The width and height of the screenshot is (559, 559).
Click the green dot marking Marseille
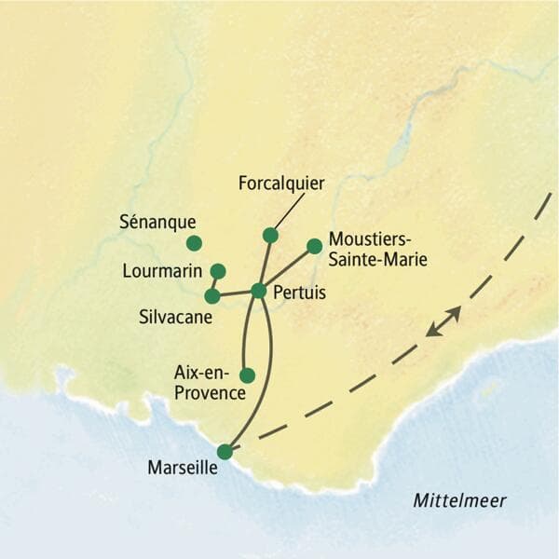[225, 452]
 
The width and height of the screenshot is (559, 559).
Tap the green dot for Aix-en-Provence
[247, 375]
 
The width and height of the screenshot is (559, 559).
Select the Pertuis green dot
[259, 291]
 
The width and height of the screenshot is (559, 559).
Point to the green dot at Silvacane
[212, 296]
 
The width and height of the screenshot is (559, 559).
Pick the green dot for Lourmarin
[218, 271]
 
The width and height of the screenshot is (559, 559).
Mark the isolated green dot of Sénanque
[194, 243]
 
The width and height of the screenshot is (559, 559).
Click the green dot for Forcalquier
[270, 235]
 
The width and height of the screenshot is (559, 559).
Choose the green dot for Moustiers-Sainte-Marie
[315, 246]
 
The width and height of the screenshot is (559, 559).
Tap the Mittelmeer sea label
[460, 501]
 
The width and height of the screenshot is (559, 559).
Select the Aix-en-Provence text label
[210, 382]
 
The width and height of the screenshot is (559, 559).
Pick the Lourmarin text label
[163, 271]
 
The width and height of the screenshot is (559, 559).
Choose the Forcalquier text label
[281, 184]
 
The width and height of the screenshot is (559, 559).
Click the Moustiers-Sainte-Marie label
[378, 251]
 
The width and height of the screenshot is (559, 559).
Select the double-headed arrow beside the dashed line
[443, 320]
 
